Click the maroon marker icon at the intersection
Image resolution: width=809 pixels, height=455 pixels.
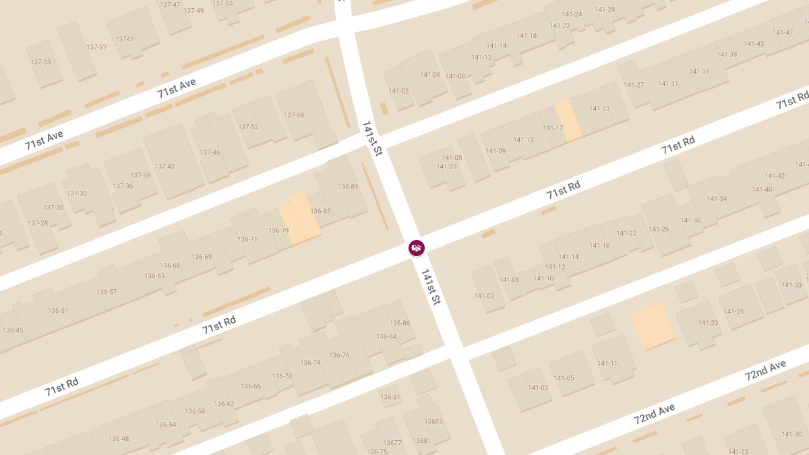(x=417, y=248)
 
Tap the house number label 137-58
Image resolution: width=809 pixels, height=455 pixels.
(x=294, y=115)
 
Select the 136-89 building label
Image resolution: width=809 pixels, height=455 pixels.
(x=348, y=187)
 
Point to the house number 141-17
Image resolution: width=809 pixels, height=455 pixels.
(x=552, y=128)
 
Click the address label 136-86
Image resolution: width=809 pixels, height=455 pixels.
(x=400, y=323)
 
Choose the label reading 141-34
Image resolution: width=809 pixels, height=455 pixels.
(x=717, y=199)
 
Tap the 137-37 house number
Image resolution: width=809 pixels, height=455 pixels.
(x=96, y=47)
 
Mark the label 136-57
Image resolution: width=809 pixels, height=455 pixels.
(x=107, y=292)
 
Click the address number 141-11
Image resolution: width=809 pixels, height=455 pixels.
(x=607, y=363)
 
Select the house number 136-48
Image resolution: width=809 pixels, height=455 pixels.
(x=119, y=439)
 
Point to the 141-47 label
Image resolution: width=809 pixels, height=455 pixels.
(x=783, y=32)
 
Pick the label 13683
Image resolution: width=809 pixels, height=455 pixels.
(x=433, y=421)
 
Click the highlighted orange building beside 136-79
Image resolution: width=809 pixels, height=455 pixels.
(x=300, y=217)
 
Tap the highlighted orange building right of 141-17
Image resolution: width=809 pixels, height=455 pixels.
(x=568, y=120)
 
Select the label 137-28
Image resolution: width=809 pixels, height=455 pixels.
(x=38, y=223)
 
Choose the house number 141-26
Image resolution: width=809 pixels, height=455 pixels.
(x=659, y=229)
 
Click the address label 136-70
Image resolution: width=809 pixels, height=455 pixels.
(x=282, y=376)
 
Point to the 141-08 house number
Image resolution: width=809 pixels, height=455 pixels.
(x=455, y=76)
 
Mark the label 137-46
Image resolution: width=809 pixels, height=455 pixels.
(x=210, y=152)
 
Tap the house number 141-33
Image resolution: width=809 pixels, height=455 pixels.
(x=792, y=285)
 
